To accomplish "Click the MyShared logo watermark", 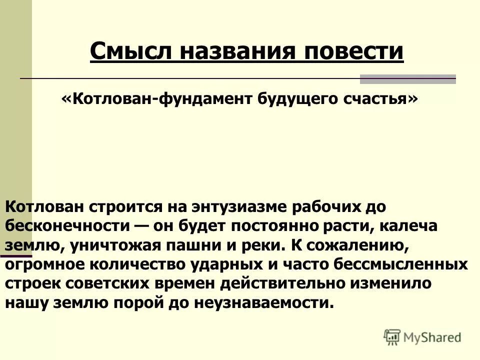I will tap(422, 337).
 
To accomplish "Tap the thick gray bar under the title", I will tap(408, 78).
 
